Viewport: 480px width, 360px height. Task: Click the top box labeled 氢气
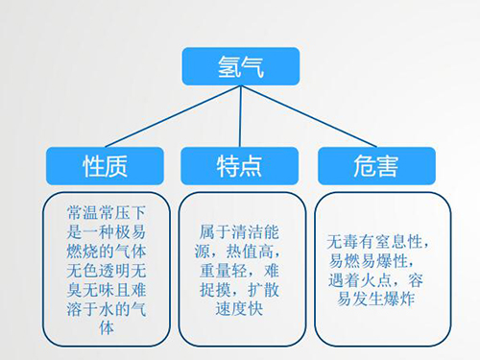click(x=240, y=67)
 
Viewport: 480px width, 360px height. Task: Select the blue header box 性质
click(x=100, y=166)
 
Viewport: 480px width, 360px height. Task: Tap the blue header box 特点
click(x=239, y=166)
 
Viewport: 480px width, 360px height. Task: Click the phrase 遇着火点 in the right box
click(x=363, y=278)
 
